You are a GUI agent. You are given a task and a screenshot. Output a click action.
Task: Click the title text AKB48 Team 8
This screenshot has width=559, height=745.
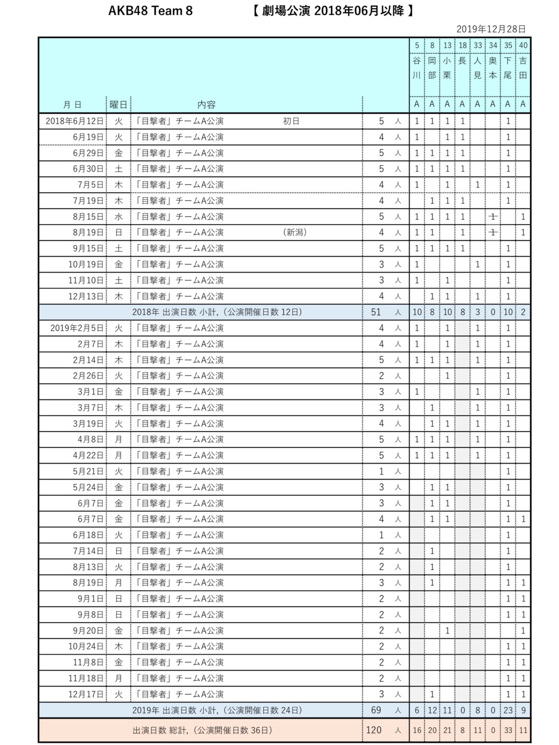click(x=150, y=11)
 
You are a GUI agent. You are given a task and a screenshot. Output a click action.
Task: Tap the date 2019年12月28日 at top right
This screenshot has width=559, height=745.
click(x=491, y=29)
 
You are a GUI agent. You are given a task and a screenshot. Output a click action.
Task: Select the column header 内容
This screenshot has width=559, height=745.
click(x=206, y=104)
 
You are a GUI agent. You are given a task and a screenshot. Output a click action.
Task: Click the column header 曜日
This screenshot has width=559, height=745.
click(x=118, y=104)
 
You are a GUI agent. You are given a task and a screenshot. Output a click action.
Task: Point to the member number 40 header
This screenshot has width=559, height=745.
click(x=523, y=45)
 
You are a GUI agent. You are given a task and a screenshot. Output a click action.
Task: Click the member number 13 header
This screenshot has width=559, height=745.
click(x=447, y=45)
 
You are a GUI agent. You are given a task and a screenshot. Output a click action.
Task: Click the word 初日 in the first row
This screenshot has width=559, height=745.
click(x=291, y=121)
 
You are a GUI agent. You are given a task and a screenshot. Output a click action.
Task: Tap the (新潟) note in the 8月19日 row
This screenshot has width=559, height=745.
click(x=295, y=232)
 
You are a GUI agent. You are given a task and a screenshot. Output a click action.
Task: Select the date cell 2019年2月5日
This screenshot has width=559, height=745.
click(x=77, y=328)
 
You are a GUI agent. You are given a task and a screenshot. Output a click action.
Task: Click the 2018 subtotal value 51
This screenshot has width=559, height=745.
click(x=376, y=312)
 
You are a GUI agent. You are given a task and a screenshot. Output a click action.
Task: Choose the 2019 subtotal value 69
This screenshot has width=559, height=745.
click(x=376, y=710)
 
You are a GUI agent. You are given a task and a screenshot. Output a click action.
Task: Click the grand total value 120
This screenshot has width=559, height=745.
click(x=374, y=730)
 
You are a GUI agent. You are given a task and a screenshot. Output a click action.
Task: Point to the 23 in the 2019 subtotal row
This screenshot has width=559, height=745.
click(x=508, y=710)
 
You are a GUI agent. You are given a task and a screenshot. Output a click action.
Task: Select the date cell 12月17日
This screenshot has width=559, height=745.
click(x=86, y=694)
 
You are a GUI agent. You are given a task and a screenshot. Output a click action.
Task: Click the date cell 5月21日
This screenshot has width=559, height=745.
click(x=88, y=471)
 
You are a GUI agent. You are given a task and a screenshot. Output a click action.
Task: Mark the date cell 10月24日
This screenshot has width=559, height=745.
click(x=86, y=646)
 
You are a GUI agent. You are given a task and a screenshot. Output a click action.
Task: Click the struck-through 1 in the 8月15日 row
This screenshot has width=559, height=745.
click(x=493, y=217)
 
